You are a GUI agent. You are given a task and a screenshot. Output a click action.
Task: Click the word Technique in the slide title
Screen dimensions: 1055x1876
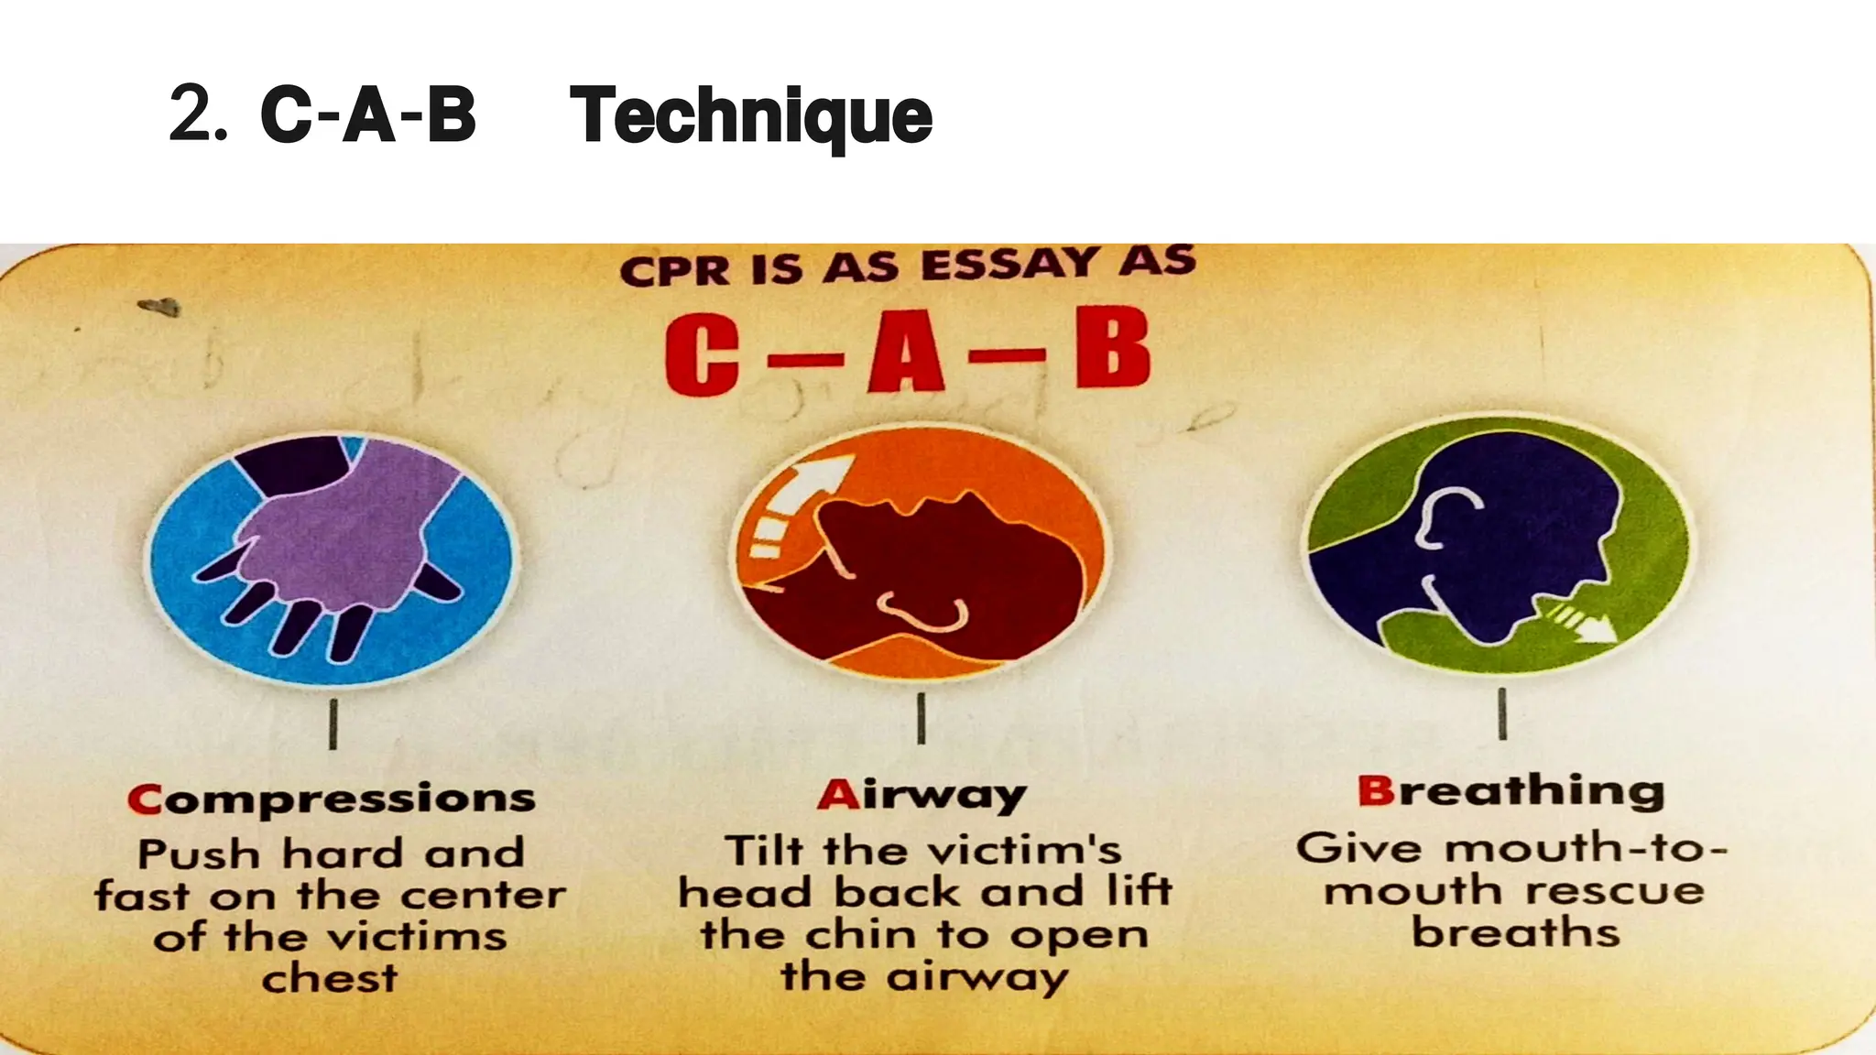pos(750,116)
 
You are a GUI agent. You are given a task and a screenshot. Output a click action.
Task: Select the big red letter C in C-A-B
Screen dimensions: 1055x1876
pos(703,355)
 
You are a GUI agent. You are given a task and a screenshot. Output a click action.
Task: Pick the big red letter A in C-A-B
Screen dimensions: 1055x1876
pos(906,353)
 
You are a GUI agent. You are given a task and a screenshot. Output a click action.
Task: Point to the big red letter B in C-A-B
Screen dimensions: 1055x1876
pos(1112,348)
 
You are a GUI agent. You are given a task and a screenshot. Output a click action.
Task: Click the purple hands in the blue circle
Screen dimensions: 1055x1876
pos(348,531)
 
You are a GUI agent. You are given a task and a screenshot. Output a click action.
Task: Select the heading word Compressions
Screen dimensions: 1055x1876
pos(332,799)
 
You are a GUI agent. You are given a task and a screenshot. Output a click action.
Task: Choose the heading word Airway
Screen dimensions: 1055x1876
pos(922,795)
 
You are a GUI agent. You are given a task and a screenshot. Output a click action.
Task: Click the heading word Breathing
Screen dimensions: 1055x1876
pos(1511,791)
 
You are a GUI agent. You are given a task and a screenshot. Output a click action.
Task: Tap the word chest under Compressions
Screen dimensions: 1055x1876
pos(330,978)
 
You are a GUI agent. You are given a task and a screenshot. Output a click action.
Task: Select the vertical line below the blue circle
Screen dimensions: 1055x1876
pos(333,723)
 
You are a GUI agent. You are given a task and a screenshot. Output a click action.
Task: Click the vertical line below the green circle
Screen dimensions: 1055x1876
pos(1502,713)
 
